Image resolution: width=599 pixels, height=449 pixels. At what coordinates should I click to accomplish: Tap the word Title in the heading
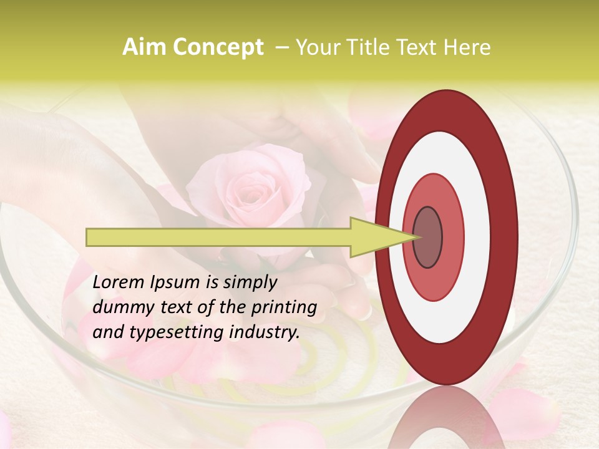click(x=372, y=47)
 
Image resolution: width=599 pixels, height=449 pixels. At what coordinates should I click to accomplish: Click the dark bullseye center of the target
click(x=428, y=238)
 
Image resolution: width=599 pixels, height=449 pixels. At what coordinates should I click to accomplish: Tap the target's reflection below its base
click(x=447, y=418)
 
